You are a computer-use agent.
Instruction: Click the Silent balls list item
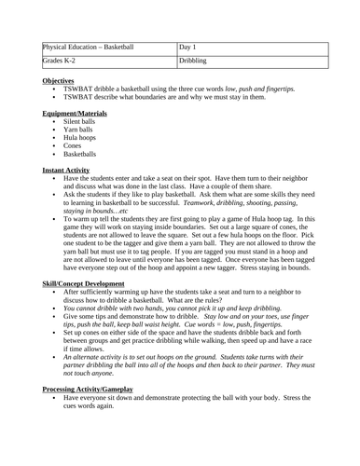pyautogui.click(x=80, y=121)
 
